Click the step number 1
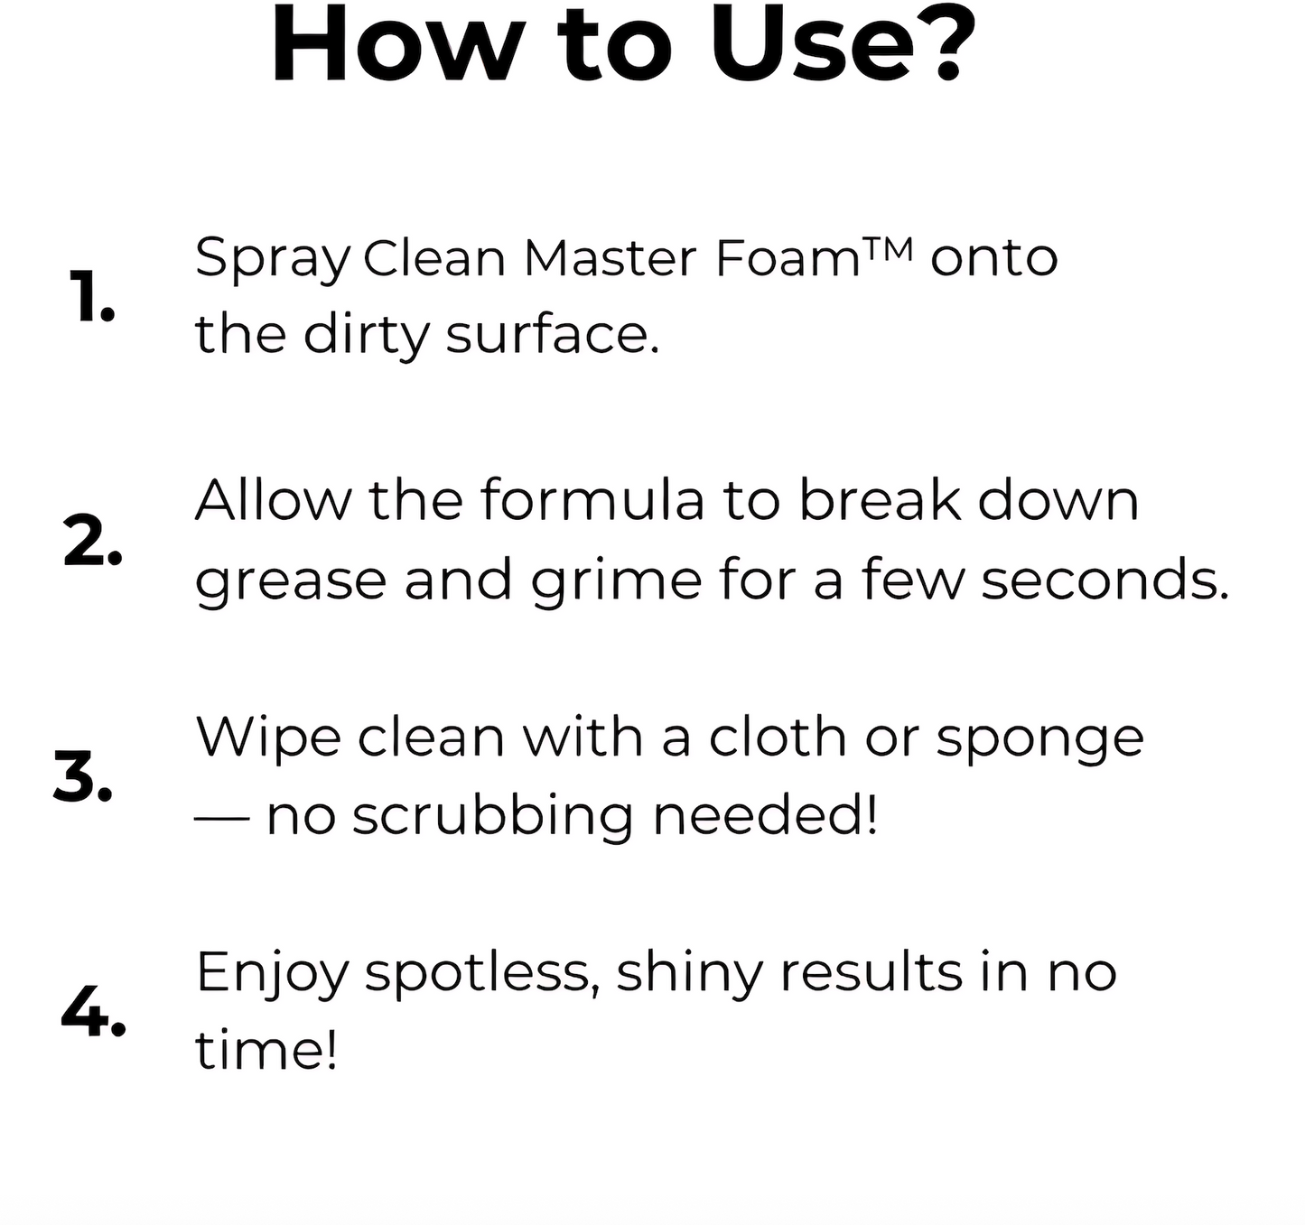tap(91, 298)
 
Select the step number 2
tap(92, 543)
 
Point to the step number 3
tap(83, 777)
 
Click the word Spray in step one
tap(272, 260)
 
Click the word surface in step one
tap(552, 334)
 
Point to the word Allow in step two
tap(272, 500)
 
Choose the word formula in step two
tap(592, 500)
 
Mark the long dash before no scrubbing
tap(221, 817)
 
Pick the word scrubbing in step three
tap(491, 817)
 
